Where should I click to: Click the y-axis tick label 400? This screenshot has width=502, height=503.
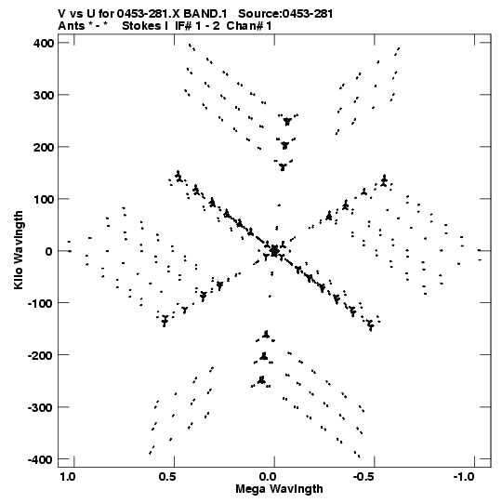click(44, 43)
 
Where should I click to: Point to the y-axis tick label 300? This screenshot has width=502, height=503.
click(44, 95)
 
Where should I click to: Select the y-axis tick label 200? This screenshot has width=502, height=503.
click(44, 147)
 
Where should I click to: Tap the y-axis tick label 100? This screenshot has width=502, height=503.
click(44, 199)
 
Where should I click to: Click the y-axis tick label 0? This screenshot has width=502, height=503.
click(49, 251)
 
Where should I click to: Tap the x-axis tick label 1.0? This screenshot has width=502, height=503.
click(67, 477)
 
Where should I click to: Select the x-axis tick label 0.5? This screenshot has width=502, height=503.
click(167, 477)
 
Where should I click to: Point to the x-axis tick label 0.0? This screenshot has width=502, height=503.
click(268, 477)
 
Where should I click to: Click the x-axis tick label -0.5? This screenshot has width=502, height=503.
click(365, 477)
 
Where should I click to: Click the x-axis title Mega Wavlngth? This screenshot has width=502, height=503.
click(279, 488)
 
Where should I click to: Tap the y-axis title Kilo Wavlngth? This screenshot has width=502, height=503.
click(19, 250)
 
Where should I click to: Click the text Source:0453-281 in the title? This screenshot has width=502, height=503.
click(285, 14)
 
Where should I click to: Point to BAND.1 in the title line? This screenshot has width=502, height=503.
click(205, 14)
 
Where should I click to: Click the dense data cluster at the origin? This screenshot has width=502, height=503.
click(274, 251)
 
